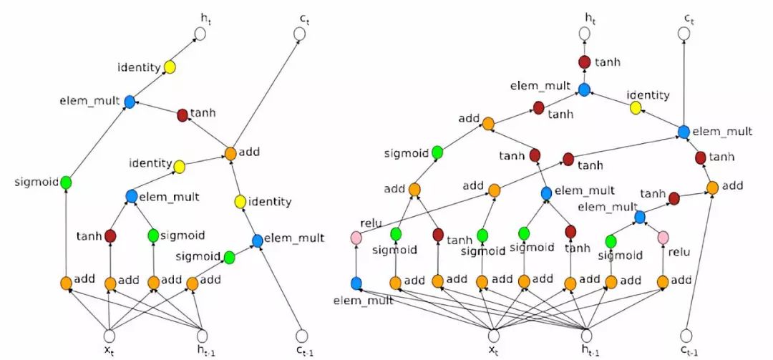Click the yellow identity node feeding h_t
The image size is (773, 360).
tap(170, 67)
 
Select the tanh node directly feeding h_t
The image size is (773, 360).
tap(584, 62)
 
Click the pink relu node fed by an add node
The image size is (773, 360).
tap(663, 237)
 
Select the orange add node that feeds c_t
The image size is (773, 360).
tap(230, 153)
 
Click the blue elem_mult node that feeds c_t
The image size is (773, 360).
tap(684, 131)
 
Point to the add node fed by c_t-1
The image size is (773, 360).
tap(712, 188)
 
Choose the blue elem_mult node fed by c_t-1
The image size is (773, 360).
tap(258, 240)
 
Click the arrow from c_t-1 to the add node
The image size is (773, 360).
tap(699, 261)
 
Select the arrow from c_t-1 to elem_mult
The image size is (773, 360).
tap(279, 286)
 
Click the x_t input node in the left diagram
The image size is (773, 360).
tap(110, 335)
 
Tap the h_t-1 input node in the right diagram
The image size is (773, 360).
tap(587, 335)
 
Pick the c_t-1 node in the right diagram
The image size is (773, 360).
tap(686, 335)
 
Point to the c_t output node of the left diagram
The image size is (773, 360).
tap(301, 34)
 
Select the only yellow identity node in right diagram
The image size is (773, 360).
tap(635, 107)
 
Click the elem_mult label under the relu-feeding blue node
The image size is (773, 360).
tap(363, 301)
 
